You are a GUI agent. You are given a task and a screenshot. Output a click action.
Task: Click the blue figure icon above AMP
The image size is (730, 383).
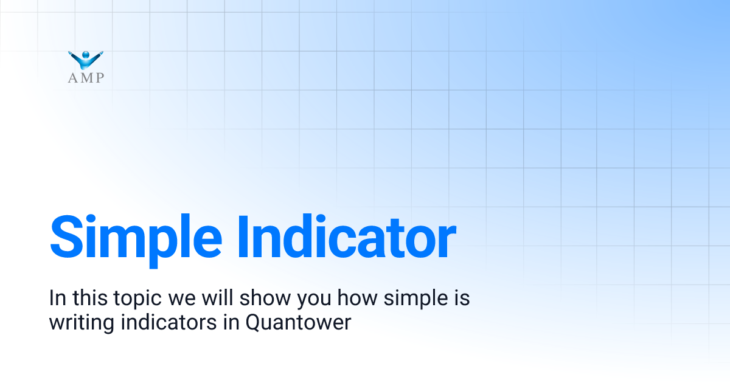coord(86,60)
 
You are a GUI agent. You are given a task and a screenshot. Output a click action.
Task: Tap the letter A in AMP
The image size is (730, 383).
coord(73,77)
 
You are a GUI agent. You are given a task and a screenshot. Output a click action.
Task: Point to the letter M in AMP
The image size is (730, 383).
coord(86,77)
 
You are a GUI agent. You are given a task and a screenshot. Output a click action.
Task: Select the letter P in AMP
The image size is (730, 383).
coord(99,77)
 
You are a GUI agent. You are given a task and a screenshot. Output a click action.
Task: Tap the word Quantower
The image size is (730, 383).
coord(298,322)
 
